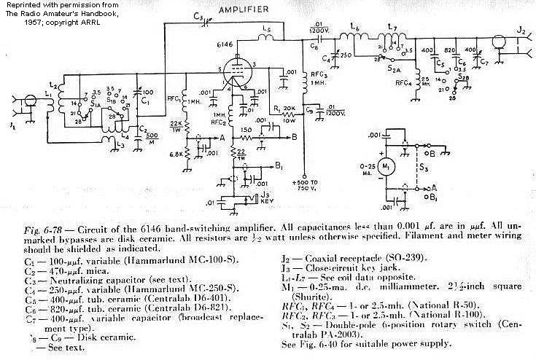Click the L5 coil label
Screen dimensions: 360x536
[267, 30]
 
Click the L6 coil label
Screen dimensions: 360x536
[356, 28]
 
